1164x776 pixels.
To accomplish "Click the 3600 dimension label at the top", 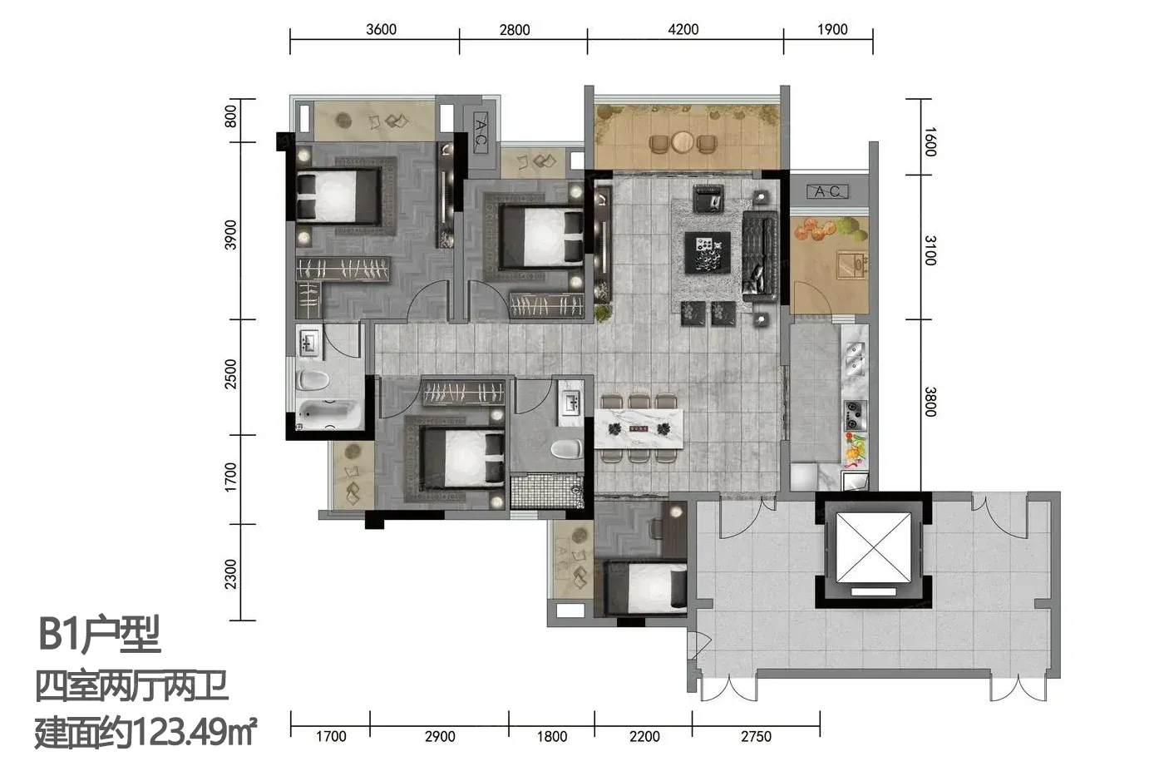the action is (381, 29).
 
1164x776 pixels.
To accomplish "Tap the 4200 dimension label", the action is (683, 29).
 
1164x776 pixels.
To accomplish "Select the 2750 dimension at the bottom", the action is (756, 736).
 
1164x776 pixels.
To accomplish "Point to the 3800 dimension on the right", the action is (930, 402).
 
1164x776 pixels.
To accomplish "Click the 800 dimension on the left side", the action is (230, 116).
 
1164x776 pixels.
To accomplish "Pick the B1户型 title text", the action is (100, 634).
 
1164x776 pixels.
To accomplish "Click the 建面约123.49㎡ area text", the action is (145, 733).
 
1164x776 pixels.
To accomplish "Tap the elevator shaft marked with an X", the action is (873, 548).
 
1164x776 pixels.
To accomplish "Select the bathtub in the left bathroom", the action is (328, 414).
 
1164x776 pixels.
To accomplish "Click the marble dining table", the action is (639, 429).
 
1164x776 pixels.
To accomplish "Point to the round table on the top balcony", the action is (683, 141).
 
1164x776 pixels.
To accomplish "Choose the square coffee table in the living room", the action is (708, 252).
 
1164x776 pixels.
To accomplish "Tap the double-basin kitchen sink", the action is (855, 358).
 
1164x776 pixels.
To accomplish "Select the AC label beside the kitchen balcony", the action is (827, 192).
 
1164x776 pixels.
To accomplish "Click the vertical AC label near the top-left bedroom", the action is (481, 133).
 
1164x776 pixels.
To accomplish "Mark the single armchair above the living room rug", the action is (708, 199).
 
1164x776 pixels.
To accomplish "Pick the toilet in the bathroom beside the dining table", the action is (566, 448).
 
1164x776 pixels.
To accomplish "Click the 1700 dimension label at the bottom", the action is (331, 736).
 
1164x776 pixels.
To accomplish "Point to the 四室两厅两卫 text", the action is (131, 686).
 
